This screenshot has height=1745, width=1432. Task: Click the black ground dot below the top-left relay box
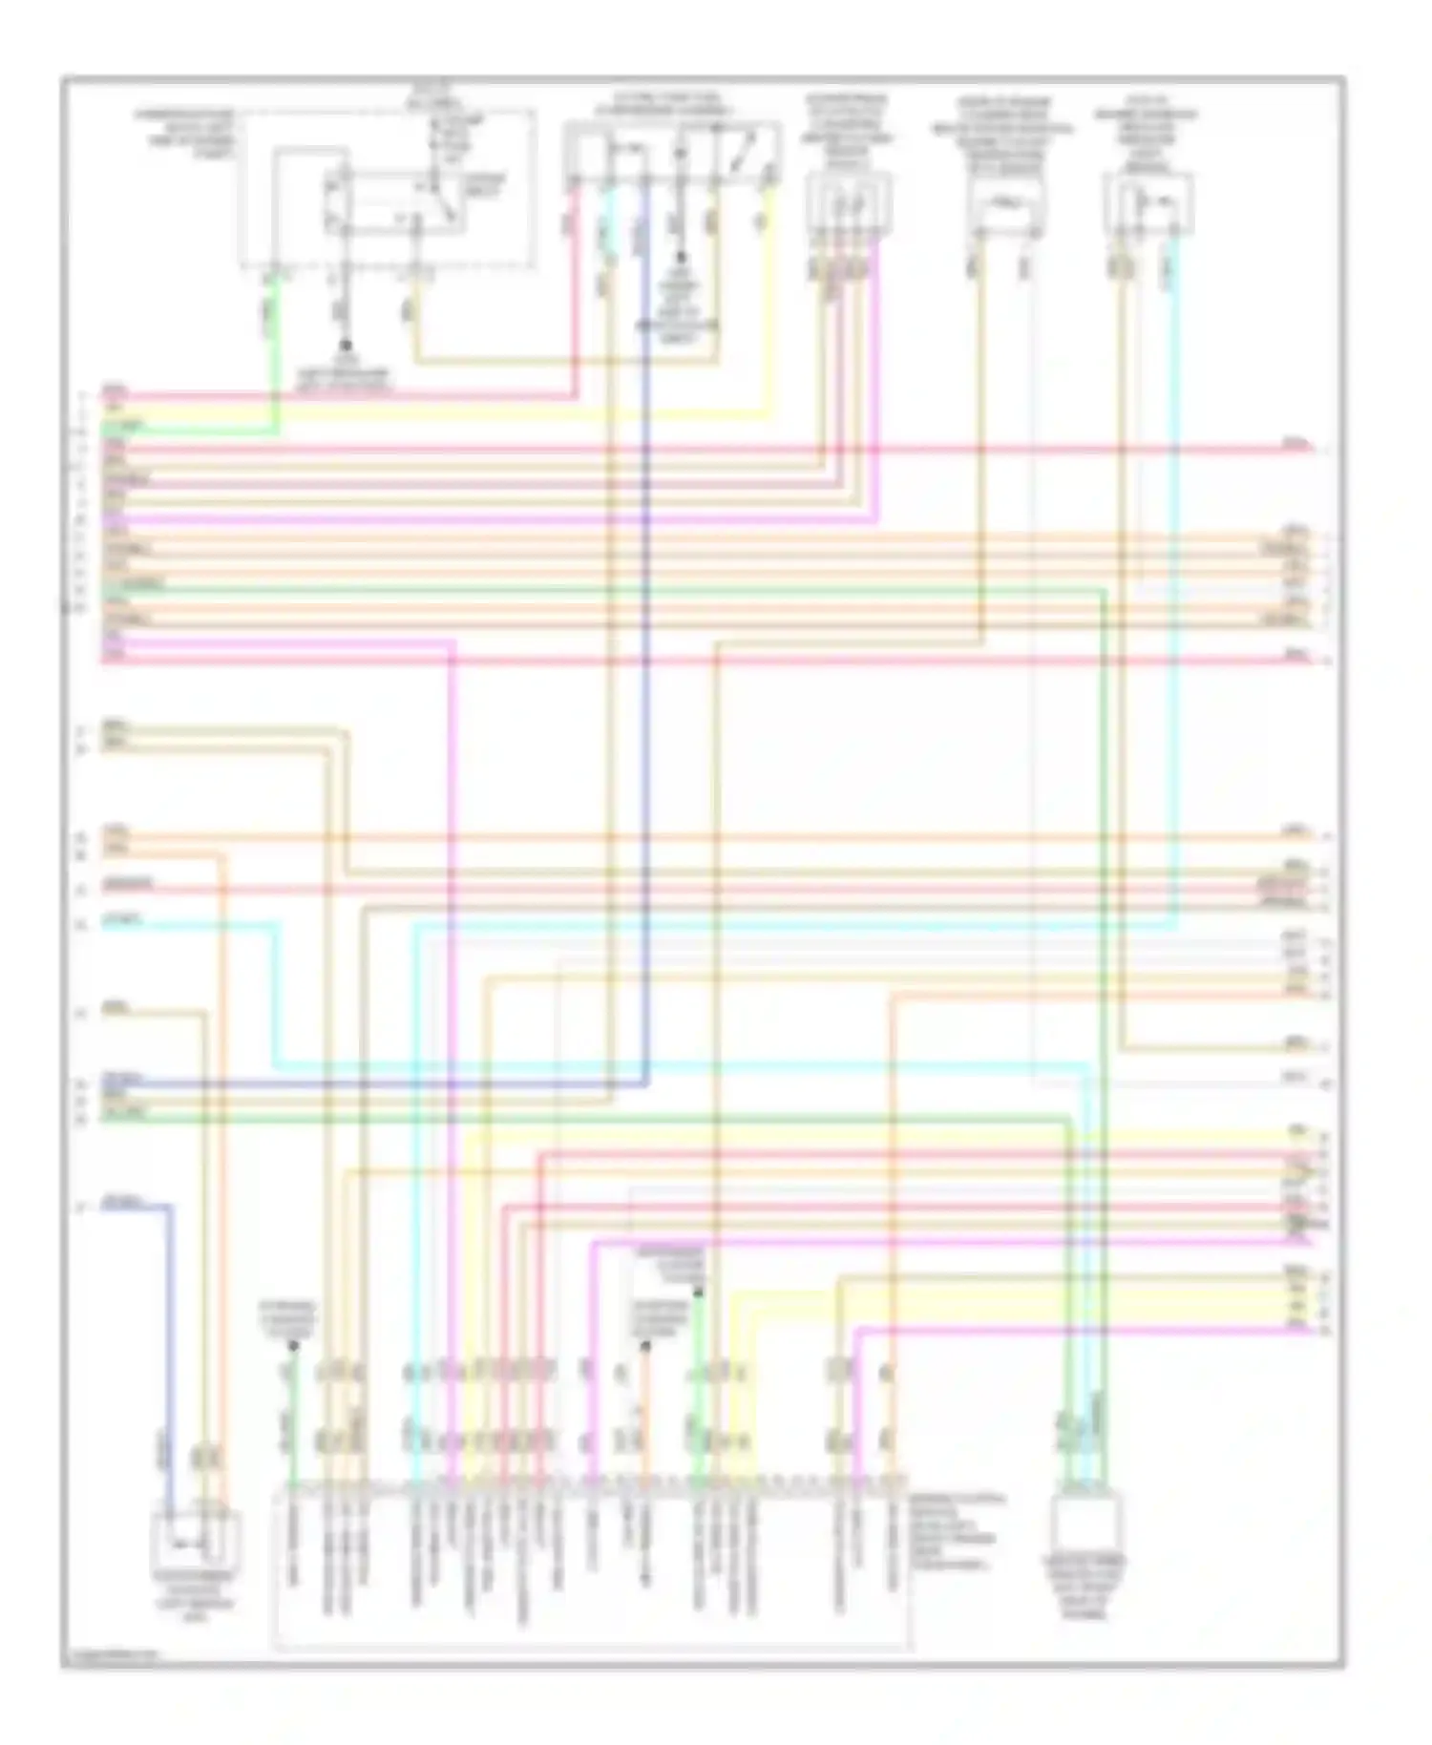click(346, 345)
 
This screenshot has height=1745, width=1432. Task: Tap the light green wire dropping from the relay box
click(276, 353)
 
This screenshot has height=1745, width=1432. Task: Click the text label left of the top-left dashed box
click(185, 133)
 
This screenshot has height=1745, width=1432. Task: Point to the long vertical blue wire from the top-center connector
click(646, 668)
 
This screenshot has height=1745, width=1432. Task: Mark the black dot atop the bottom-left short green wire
click(293, 1345)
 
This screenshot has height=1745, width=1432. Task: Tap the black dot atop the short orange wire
click(644, 1346)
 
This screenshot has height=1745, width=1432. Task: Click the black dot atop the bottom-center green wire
click(699, 1292)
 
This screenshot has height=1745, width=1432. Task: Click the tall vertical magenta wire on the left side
click(452, 1050)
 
